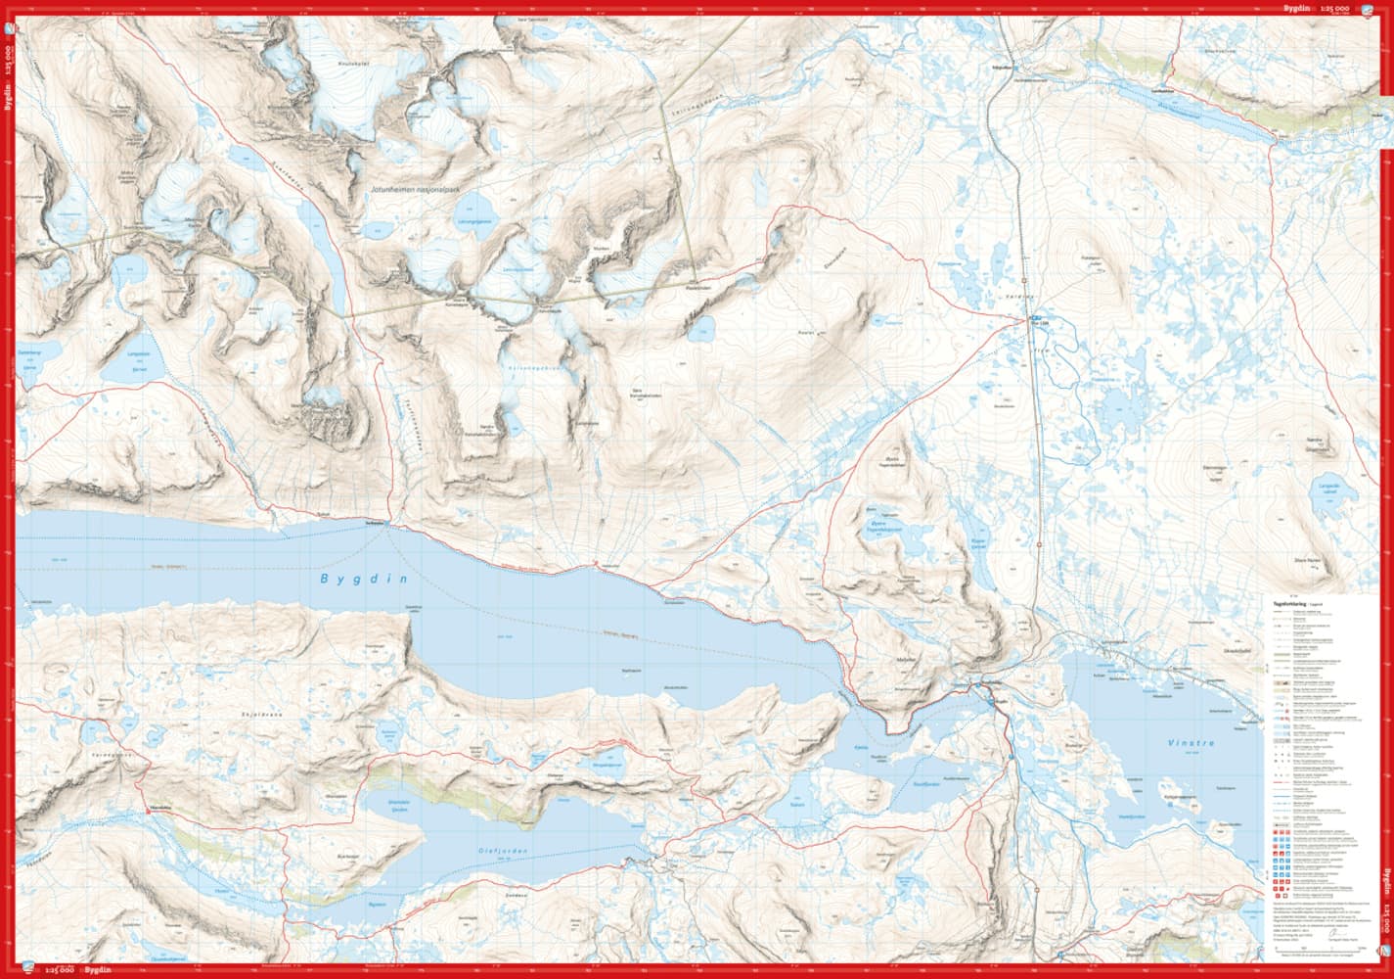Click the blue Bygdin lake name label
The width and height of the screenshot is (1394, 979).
[361, 579]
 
